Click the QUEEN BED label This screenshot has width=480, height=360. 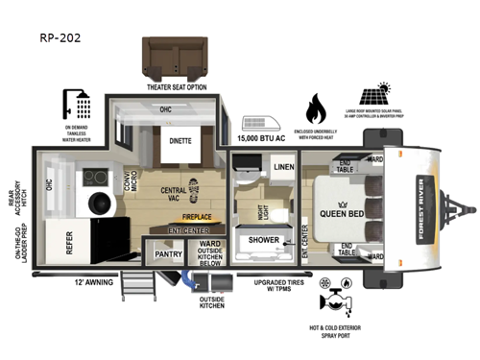(x=341, y=213)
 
